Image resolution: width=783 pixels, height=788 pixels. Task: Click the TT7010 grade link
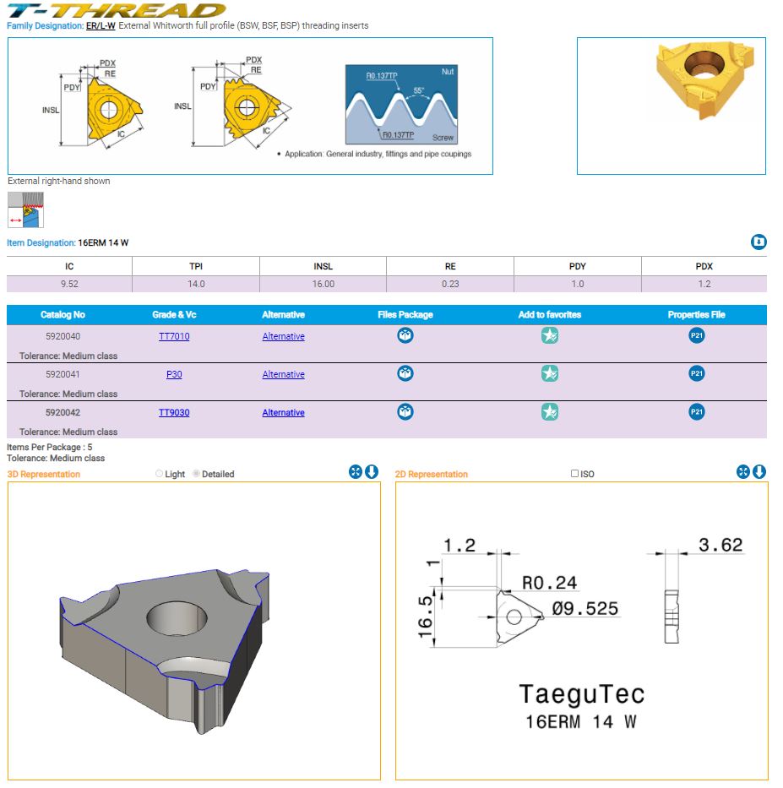pos(174,336)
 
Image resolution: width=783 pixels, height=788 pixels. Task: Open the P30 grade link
pos(174,374)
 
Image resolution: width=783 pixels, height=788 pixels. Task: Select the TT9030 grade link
pos(174,413)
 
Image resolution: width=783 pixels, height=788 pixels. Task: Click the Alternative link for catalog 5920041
pos(284,374)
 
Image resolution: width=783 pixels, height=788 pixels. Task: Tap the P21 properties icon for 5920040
pos(697,335)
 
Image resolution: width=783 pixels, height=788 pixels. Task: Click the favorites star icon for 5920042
pos(550,411)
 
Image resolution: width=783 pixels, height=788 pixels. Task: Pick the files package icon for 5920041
pos(405,373)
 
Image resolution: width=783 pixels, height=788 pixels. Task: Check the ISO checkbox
pos(574,473)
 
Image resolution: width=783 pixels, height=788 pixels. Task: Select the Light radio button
pos(159,474)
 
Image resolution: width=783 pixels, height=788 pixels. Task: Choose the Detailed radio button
pos(196,474)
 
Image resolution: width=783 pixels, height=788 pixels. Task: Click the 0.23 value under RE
pos(450,284)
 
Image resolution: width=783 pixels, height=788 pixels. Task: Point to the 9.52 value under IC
pos(69,284)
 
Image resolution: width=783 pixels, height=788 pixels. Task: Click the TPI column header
pos(196,266)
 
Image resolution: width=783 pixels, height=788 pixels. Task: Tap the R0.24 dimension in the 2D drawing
pos(549,583)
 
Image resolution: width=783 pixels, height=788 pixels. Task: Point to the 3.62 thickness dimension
pos(720,545)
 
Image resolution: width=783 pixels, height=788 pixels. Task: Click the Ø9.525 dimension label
pos(585,609)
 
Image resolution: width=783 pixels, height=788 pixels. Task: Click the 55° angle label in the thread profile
pos(419,90)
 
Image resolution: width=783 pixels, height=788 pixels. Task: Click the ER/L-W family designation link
pos(101,25)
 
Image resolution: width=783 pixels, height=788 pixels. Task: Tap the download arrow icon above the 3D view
pos(372,472)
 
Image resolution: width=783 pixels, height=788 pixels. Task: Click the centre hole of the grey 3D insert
pos(177,617)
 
